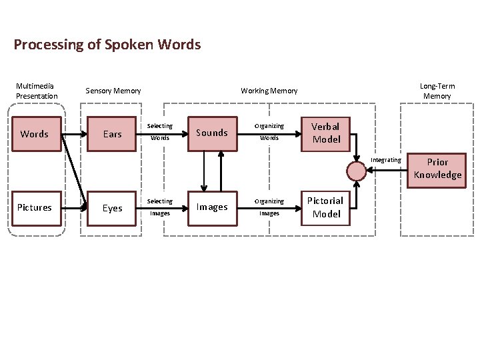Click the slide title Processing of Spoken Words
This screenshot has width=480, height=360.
(107, 45)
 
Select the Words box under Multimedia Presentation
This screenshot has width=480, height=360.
(35, 134)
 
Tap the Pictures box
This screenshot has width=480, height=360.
(35, 207)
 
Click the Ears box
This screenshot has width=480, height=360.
(112, 134)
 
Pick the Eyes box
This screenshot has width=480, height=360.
(112, 208)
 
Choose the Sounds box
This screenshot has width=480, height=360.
(212, 133)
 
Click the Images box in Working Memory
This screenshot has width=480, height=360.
(212, 207)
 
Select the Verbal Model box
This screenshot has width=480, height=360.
(326, 133)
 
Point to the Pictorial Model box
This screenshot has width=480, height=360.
(326, 207)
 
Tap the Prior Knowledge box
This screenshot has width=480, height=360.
(437, 168)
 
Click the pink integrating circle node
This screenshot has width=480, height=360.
(357, 171)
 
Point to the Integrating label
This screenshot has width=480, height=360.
(386, 160)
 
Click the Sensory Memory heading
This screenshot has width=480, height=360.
(113, 91)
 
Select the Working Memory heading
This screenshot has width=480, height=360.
(269, 91)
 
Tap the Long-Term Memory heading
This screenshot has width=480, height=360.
(437, 91)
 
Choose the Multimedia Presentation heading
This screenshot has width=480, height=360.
(37, 91)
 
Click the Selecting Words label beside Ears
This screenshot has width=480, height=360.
(159, 132)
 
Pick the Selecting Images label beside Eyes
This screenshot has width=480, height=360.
(159, 207)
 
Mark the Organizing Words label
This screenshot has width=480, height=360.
(269, 132)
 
